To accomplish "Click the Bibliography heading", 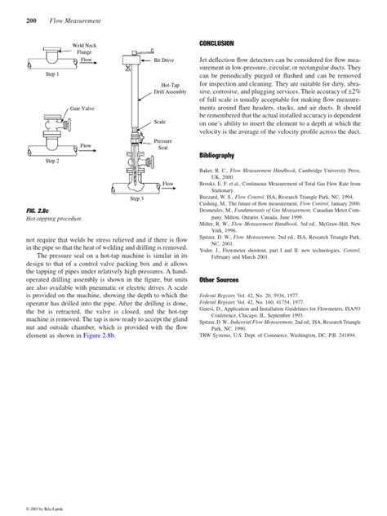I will click(217, 155).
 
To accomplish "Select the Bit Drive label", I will click(163, 60).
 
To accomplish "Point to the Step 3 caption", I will click(137, 198).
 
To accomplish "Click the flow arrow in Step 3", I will click(169, 185).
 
